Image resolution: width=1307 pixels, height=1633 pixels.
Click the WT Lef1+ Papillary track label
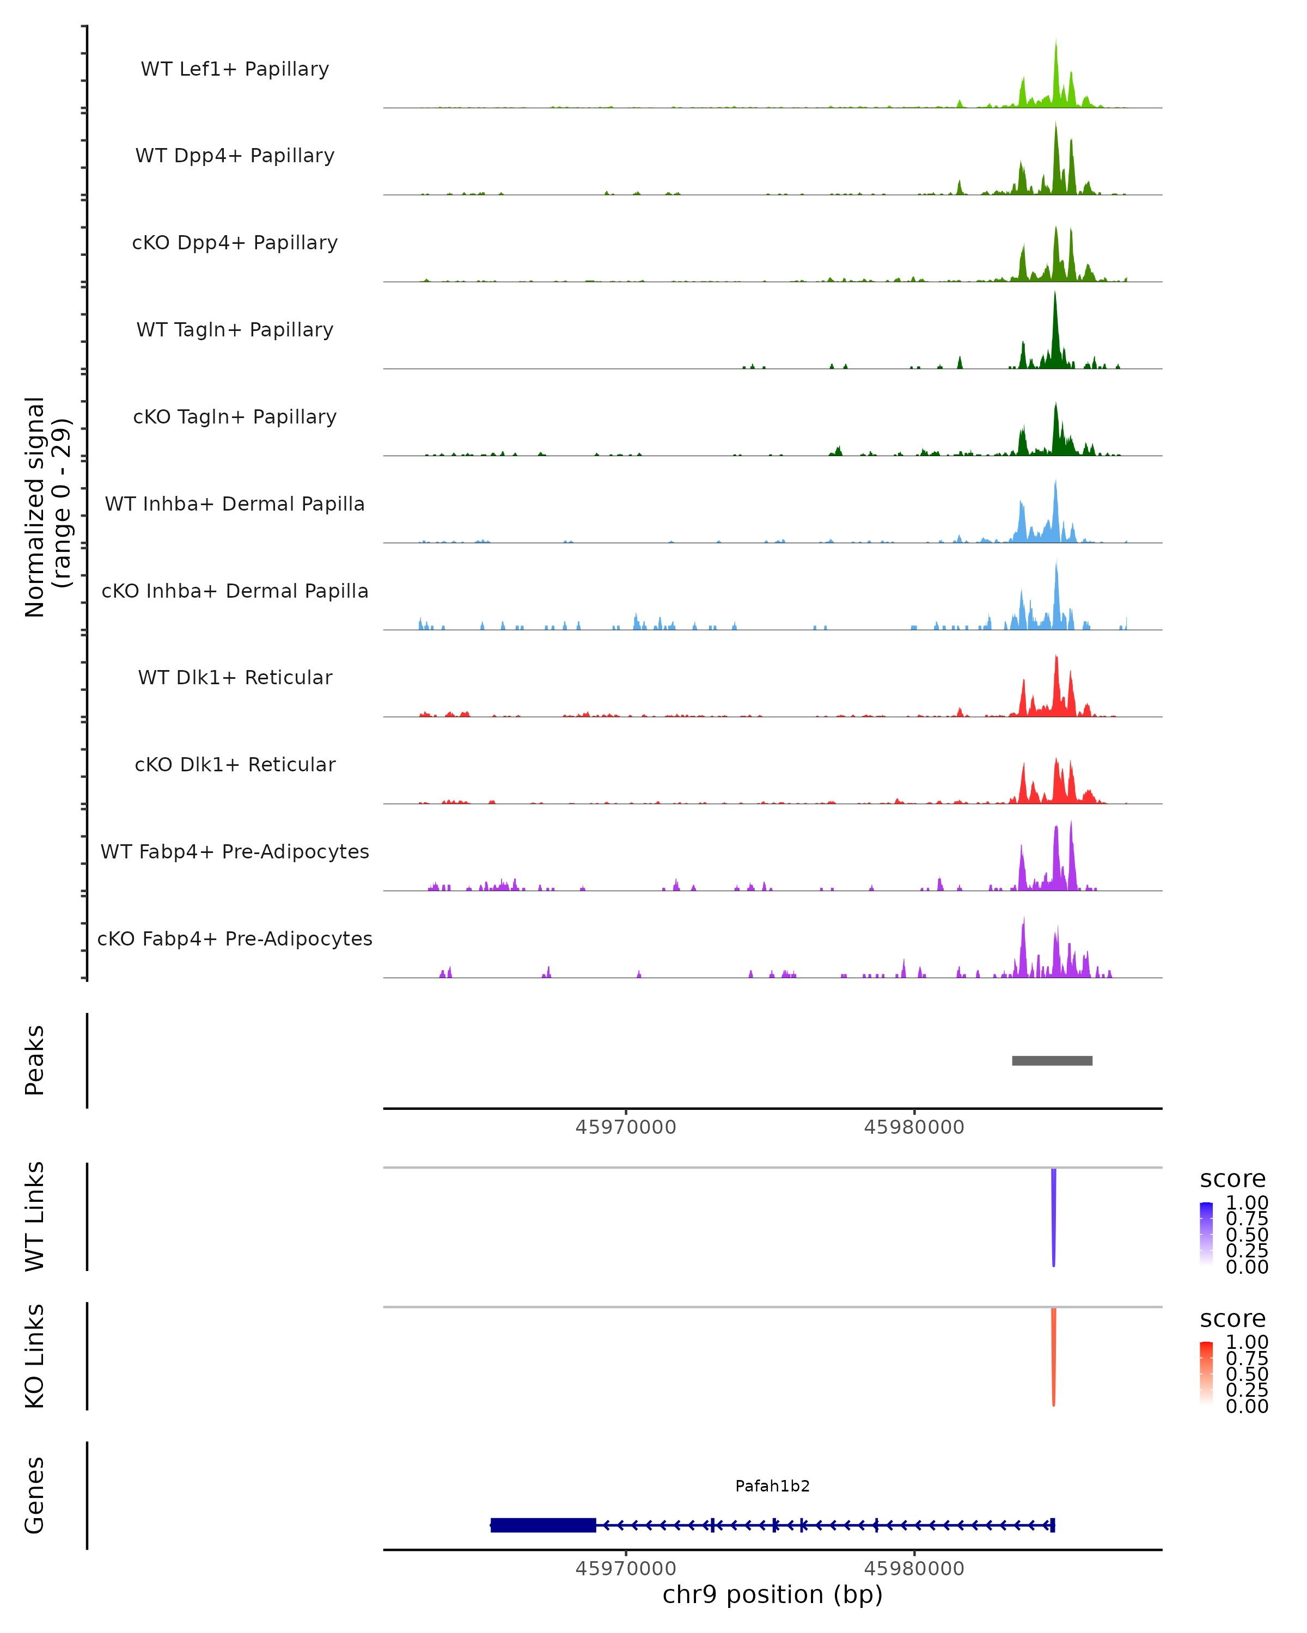coord(235,69)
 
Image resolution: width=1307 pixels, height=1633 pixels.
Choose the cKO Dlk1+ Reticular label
coord(235,764)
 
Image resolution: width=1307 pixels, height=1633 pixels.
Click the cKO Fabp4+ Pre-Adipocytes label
coord(235,938)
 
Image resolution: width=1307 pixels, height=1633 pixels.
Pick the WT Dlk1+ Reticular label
coord(235,677)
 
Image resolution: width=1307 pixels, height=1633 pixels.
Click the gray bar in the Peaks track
coord(1052,1060)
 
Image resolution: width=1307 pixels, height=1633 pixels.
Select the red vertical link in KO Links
coord(1053,1356)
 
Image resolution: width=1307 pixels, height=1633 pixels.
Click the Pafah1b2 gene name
coord(772,1486)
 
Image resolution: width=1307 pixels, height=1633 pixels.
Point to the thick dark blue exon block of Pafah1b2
coord(543,1525)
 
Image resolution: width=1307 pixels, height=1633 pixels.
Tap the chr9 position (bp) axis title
coord(772,1594)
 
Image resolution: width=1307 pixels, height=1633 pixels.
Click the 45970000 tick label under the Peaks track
coord(625,1127)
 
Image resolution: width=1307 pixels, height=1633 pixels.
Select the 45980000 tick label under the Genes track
coord(914,1568)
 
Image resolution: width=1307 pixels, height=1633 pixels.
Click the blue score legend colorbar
coord(1206,1233)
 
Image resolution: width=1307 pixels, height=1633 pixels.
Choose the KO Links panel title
coord(35,1356)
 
